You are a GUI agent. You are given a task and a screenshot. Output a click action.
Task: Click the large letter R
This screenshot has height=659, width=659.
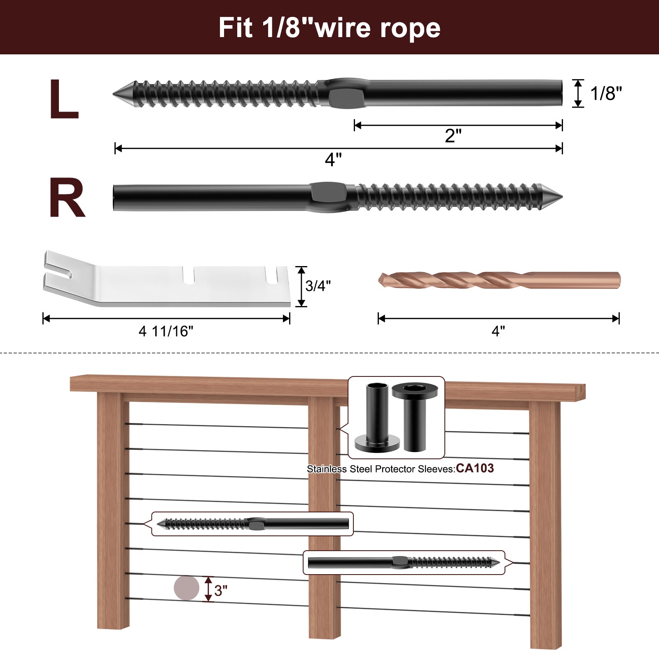tap(67, 198)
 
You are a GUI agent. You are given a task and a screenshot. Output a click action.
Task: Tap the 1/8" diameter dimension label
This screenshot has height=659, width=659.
tap(605, 93)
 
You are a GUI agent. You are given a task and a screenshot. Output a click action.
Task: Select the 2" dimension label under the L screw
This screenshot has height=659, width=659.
tap(453, 136)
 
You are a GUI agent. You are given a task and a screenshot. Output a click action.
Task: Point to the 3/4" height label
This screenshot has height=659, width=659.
tap(318, 285)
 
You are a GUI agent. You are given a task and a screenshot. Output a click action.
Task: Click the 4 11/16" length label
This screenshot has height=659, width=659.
tap(166, 331)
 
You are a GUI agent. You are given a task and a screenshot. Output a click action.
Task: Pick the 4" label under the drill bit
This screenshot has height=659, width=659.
tap(498, 331)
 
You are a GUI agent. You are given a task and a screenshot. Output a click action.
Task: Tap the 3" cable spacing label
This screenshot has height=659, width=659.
tap(221, 591)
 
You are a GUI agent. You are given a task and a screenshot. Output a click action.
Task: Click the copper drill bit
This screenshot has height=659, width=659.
tap(498, 280)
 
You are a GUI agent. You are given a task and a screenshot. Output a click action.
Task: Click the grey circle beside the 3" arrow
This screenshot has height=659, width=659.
tap(186, 588)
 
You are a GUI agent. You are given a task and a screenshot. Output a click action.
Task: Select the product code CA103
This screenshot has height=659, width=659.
tap(474, 468)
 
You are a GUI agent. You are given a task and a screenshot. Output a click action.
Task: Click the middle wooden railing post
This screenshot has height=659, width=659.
tap(324, 515)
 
